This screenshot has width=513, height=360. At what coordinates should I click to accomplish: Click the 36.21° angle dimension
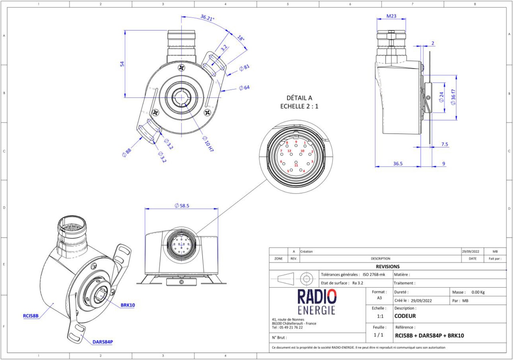[207, 18]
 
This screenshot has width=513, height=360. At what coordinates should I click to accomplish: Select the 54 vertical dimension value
[122, 64]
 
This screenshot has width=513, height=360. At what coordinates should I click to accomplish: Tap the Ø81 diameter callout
[244, 68]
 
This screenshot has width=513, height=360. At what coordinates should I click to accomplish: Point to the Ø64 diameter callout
[244, 88]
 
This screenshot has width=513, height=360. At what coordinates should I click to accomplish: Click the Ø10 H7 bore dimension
[208, 143]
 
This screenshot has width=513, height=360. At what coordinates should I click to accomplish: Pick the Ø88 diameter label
[127, 153]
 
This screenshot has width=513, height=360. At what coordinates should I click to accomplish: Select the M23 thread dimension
[391, 16]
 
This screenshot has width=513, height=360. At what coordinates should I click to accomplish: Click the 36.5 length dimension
[398, 163]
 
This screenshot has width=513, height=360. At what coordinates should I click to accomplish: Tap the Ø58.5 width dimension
[182, 206]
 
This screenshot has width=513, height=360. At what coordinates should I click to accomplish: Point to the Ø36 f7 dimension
[453, 97]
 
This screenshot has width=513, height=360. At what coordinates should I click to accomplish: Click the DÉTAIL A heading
[299, 98]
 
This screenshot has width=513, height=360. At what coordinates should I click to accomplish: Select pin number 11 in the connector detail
[296, 165]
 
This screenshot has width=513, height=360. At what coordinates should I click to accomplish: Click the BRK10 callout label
[128, 305]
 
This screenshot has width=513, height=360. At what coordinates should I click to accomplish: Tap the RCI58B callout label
[31, 316]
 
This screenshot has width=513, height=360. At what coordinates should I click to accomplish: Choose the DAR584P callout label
[102, 342]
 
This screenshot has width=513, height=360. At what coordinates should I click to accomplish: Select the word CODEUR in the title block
[405, 316]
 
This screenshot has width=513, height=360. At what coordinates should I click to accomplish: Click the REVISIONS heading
[387, 267]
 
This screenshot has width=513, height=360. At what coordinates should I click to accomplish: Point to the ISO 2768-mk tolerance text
[374, 275]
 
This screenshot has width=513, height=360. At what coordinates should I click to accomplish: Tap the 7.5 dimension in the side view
[444, 145]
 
